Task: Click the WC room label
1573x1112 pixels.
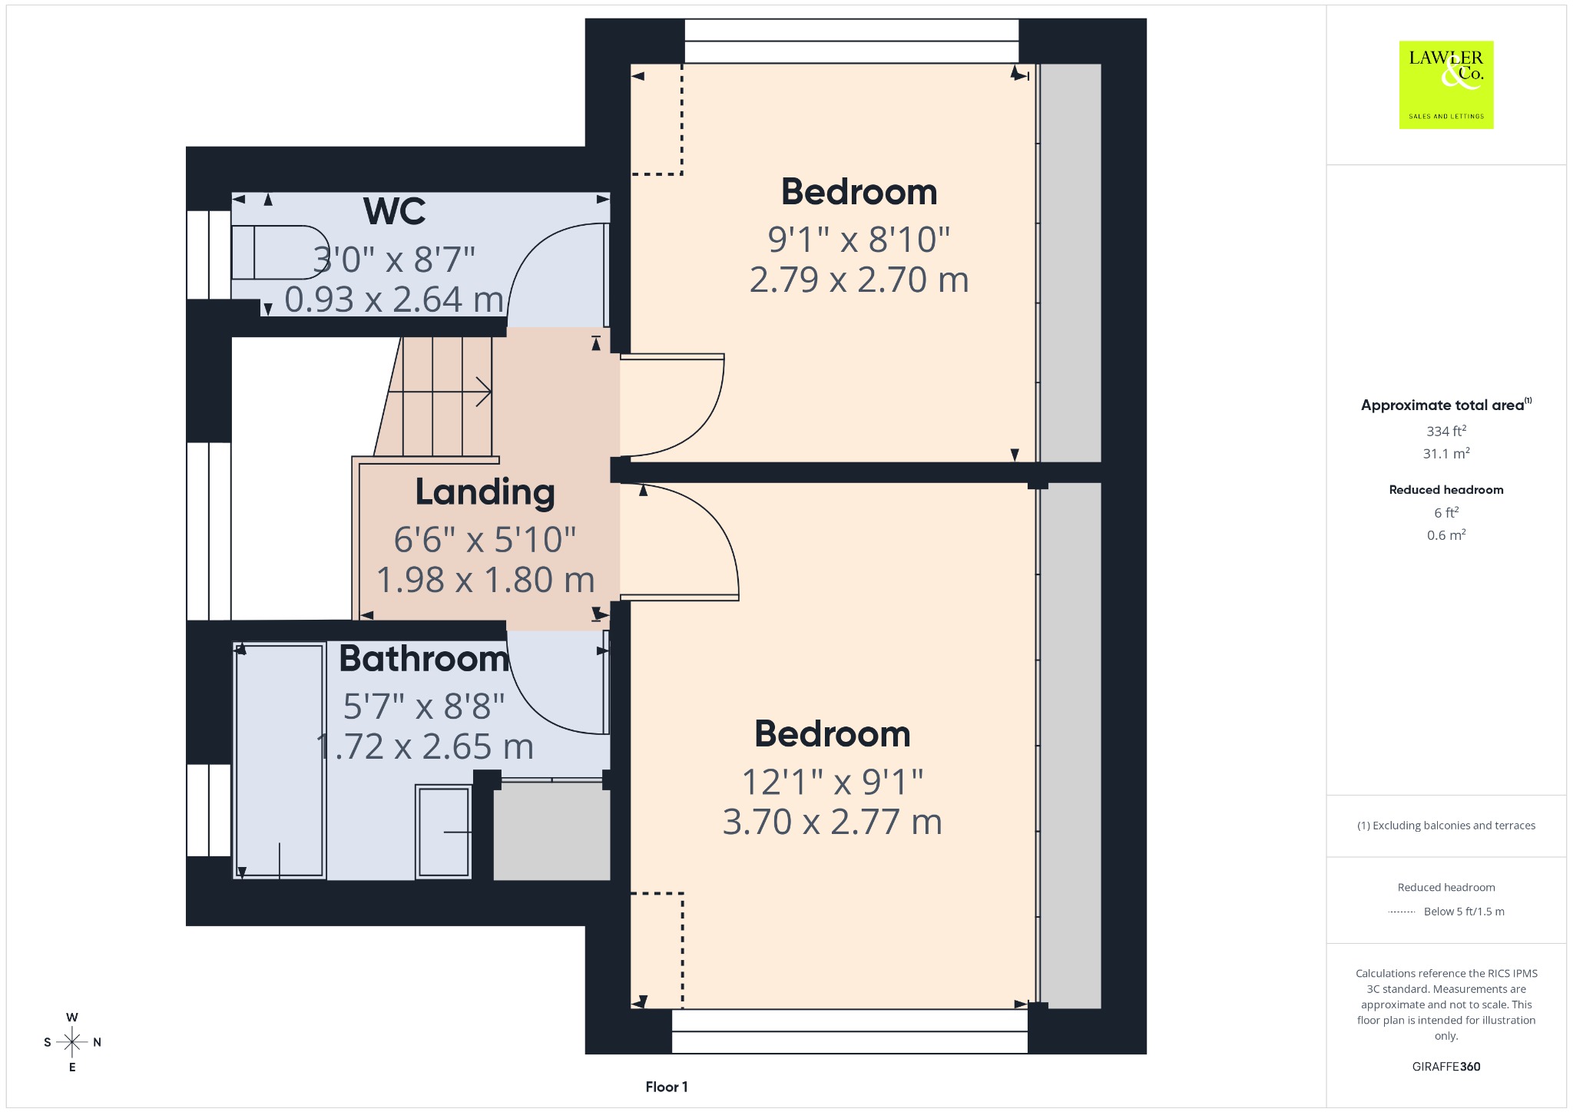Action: tap(394, 211)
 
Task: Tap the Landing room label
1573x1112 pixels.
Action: tap(485, 493)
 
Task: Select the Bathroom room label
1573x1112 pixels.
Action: tap(424, 659)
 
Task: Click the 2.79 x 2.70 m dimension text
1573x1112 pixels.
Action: tap(859, 280)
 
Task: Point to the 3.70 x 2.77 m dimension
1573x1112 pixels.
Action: tap(832, 822)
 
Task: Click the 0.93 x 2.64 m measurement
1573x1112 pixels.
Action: tap(394, 300)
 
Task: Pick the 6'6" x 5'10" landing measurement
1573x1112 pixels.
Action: tap(485, 540)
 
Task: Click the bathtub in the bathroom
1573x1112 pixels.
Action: tap(280, 760)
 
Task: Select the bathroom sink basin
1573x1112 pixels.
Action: tap(444, 832)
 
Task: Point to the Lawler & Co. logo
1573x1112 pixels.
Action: tap(1446, 84)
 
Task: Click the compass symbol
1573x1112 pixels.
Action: tap(72, 1042)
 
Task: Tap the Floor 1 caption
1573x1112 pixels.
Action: tap(667, 1087)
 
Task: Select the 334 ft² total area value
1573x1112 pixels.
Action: tap(1446, 431)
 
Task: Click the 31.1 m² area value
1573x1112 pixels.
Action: tap(1446, 453)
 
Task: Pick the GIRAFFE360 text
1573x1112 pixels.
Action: tap(1446, 1066)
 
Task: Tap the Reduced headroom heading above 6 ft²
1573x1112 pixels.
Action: tap(1446, 490)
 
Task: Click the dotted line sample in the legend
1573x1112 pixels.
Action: tap(1402, 912)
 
